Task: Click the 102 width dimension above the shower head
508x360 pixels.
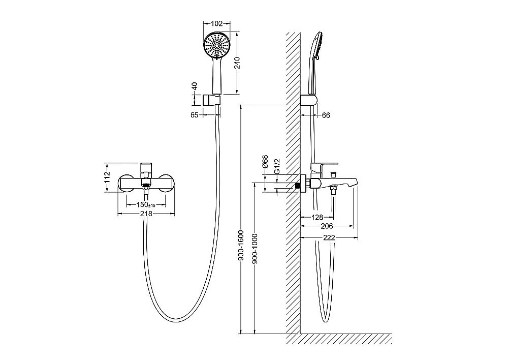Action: click(x=217, y=23)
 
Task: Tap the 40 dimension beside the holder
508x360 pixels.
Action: click(x=195, y=86)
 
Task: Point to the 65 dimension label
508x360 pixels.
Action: click(x=195, y=115)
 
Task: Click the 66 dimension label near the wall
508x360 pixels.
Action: click(x=326, y=115)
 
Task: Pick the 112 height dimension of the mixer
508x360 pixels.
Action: click(x=108, y=177)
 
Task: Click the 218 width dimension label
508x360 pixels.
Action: click(x=146, y=214)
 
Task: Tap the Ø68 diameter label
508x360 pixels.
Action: click(x=265, y=161)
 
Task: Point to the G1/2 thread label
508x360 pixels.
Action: click(x=277, y=166)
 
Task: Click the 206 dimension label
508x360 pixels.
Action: click(x=327, y=226)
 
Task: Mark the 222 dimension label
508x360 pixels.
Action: click(x=329, y=238)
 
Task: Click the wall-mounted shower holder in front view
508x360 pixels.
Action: click(x=211, y=100)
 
